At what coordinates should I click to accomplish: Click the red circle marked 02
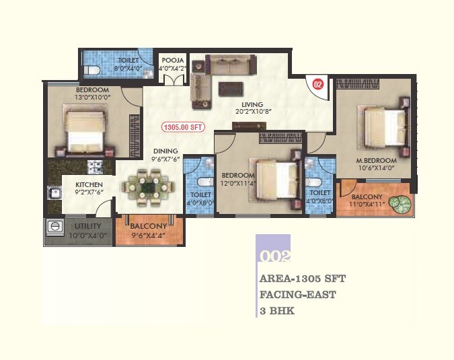click(318, 85)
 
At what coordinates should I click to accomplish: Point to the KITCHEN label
click(89, 184)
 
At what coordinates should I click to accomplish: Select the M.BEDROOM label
click(376, 161)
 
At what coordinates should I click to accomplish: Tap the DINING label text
click(165, 151)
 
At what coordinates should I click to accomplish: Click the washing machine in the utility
click(54, 229)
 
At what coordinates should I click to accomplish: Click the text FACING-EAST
click(297, 295)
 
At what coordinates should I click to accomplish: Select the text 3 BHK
click(277, 312)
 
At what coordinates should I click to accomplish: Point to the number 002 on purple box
click(274, 256)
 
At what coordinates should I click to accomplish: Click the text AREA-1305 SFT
click(303, 278)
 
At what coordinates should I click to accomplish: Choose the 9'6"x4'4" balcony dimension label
click(148, 236)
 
